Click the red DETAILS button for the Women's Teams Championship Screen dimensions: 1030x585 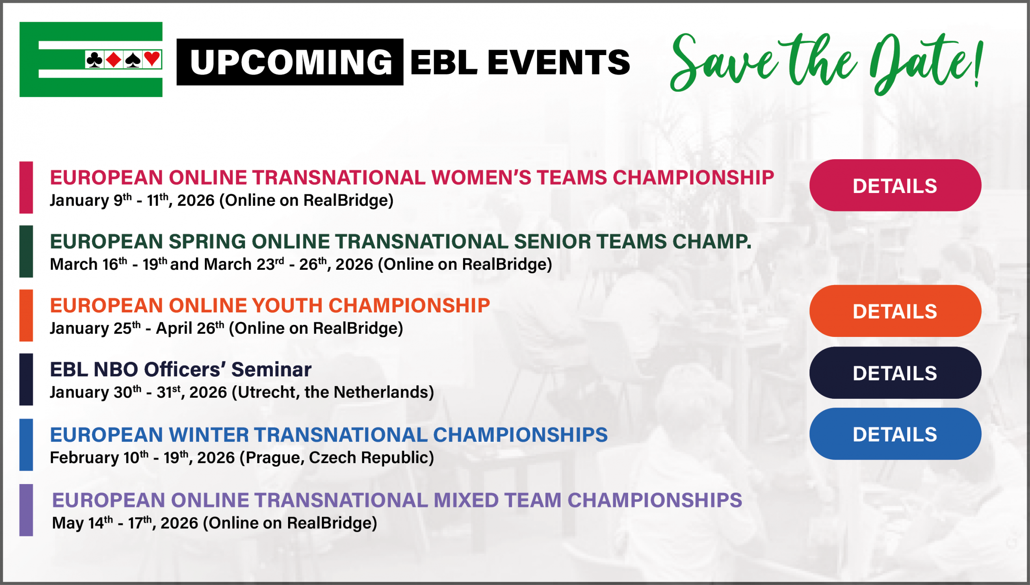click(895, 185)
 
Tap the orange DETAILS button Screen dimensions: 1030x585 click(895, 311)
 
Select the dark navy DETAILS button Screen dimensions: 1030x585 click(895, 373)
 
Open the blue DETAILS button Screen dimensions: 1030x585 click(895, 434)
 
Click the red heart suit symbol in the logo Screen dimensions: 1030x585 click(152, 59)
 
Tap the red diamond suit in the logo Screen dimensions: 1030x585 click(114, 60)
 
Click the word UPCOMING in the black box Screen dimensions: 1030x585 click(291, 62)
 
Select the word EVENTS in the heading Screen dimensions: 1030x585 click(559, 62)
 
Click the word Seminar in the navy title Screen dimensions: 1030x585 click(272, 369)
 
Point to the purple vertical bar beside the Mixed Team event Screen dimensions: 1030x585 click(26, 510)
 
